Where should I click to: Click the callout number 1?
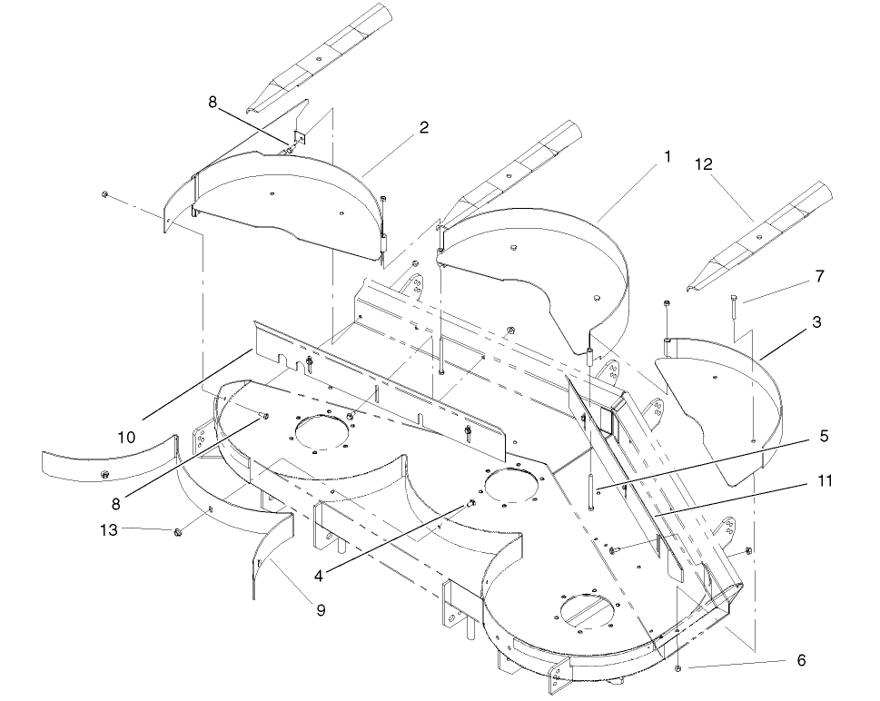pyautogui.click(x=667, y=156)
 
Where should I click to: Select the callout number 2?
pyautogui.click(x=423, y=128)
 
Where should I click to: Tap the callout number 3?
pyautogui.click(x=817, y=321)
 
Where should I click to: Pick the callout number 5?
pyautogui.click(x=824, y=436)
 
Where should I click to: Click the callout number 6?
pyautogui.click(x=800, y=661)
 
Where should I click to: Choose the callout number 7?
pyautogui.click(x=821, y=274)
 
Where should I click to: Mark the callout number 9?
pyautogui.click(x=321, y=610)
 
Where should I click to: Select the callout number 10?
pyautogui.click(x=126, y=437)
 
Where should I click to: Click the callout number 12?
pyautogui.click(x=703, y=164)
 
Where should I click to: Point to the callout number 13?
pyautogui.click(x=108, y=530)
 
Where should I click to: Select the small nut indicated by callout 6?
pyautogui.click(x=679, y=668)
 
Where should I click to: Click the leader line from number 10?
pyautogui.click(x=196, y=382)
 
